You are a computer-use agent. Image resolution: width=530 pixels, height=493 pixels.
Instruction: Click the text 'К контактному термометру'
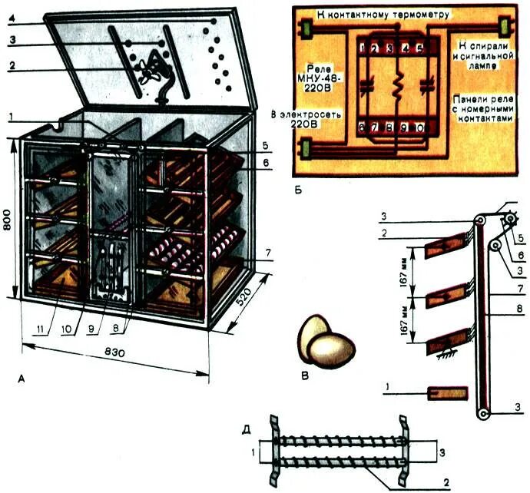pyautogui.click(x=385, y=15)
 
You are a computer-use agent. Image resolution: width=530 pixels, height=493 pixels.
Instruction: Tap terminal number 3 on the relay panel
pyautogui.click(x=390, y=48)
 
